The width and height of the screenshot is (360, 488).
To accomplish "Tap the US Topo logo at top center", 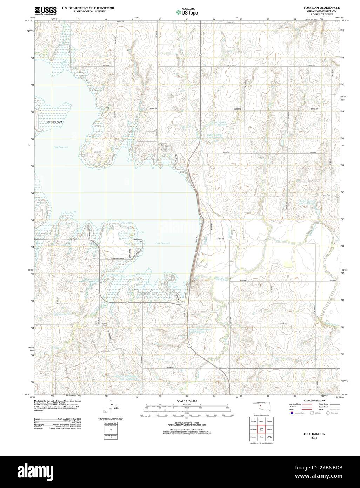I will coord(187,12).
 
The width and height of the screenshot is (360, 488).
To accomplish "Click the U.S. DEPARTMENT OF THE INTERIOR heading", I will coord(88,8).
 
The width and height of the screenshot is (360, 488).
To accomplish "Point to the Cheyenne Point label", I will coord(54,122).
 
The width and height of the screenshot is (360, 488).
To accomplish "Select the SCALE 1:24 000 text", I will coord(187,401).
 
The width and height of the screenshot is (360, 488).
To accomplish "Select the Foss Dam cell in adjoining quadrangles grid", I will coord(261,429).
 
